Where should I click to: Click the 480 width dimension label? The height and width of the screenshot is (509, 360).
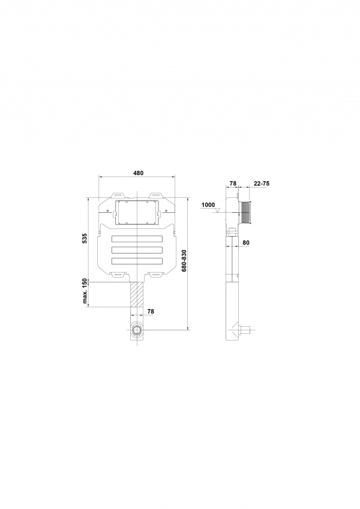pos(138,173)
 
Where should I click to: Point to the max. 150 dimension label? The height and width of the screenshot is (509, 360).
pos(85,291)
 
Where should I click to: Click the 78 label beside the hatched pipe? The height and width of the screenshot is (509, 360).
pos(151,311)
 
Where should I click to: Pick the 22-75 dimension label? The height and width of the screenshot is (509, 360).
pos(262,183)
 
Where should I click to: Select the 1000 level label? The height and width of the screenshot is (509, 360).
pos(208,205)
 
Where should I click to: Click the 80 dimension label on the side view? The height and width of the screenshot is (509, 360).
pos(245,242)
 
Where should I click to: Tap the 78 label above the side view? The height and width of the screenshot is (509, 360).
pos(233,183)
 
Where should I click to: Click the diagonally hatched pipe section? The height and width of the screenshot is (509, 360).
pos(137,294)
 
